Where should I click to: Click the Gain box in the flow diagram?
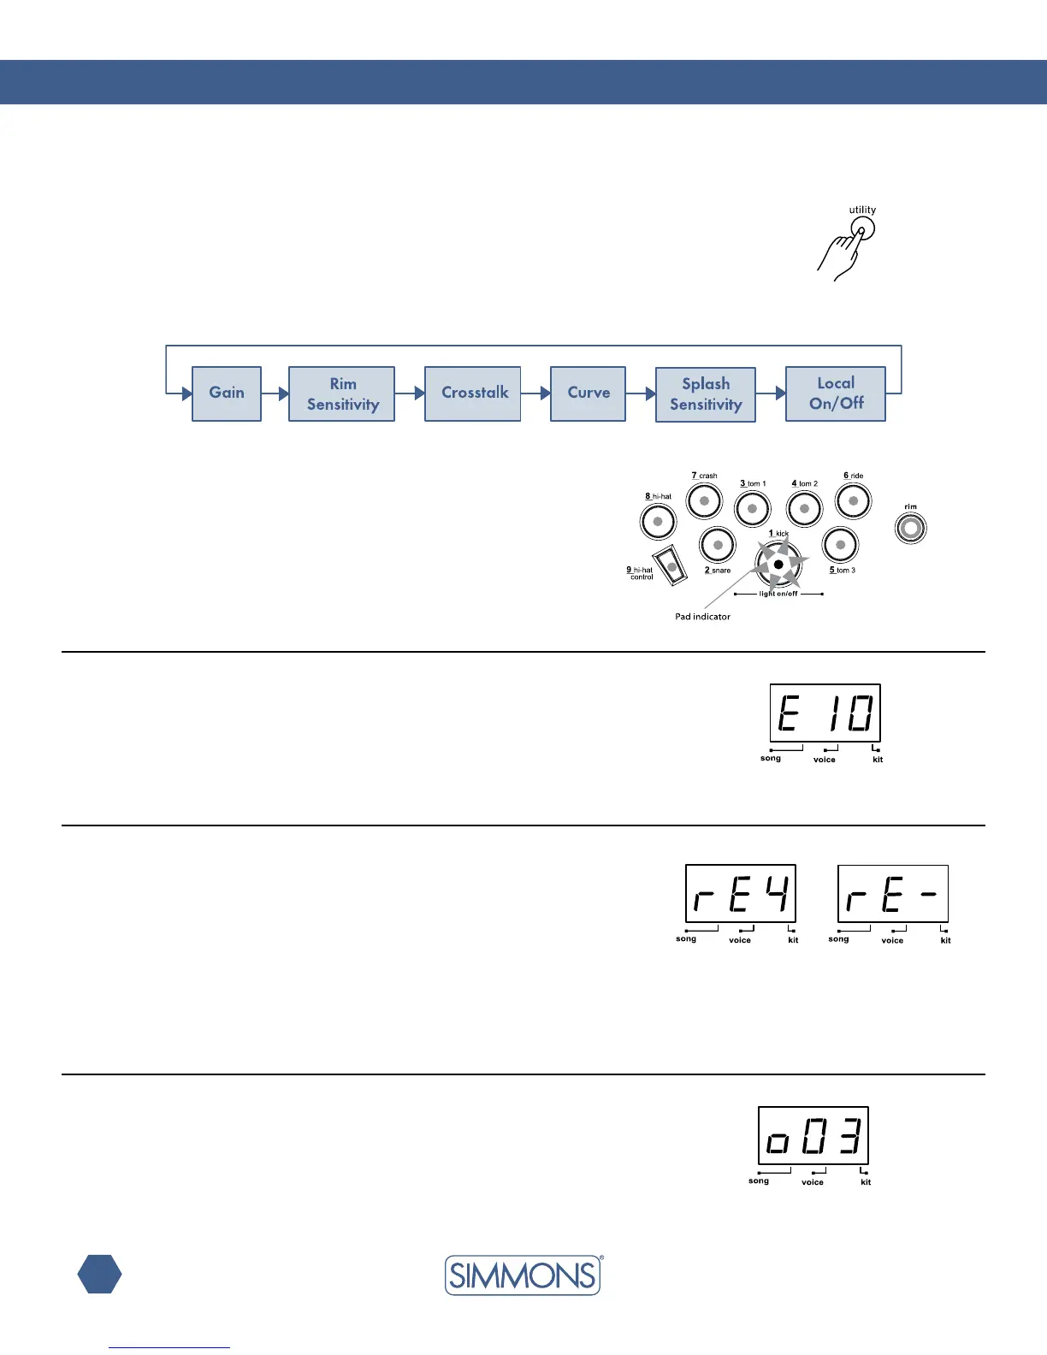pyautogui.click(x=227, y=393)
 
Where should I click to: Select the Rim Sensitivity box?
pyautogui.click(x=342, y=394)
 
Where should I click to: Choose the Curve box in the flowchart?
pyautogui.click(x=589, y=393)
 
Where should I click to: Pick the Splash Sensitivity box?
pyautogui.click(x=706, y=394)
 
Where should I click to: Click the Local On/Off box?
pyautogui.click(x=836, y=393)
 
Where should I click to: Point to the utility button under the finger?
pyautogui.click(x=863, y=229)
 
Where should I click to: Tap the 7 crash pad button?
pyautogui.click(x=705, y=500)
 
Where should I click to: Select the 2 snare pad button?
pyautogui.click(x=718, y=545)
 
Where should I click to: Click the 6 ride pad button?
pyautogui.click(x=853, y=501)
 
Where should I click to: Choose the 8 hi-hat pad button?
pyautogui.click(x=658, y=521)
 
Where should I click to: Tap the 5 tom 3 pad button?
pyautogui.click(x=841, y=545)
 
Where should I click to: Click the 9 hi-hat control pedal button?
pyautogui.click(x=671, y=565)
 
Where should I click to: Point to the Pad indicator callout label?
pyautogui.click(x=702, y=617)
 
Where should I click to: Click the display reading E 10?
pyautogui.click(x=825, y=713)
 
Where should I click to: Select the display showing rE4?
pyautogui.click(x=741, y=894)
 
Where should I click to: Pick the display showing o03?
pyautogui.click(x=813, y=1135)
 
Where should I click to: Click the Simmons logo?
pyautogui.click(x=523, y=1275)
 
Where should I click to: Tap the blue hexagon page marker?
pyautogui.click(x=99, y=1274)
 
